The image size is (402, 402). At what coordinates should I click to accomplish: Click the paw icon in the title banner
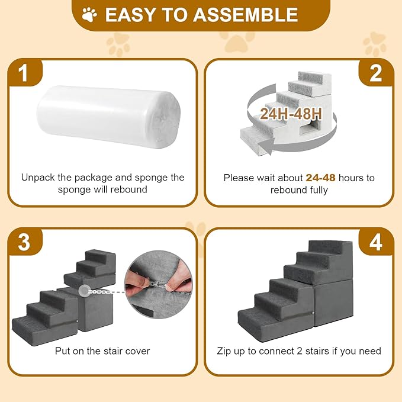tap(90, 14)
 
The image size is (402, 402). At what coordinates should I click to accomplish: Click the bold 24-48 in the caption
tap(321, 178)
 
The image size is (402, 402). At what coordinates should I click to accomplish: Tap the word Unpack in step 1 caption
tap(38, 178)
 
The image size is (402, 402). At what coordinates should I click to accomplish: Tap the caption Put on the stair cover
tap(102, 351)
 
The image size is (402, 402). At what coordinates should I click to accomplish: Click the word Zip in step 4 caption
tap(226, 351)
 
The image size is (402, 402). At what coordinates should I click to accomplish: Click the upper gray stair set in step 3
tap(91, 269)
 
